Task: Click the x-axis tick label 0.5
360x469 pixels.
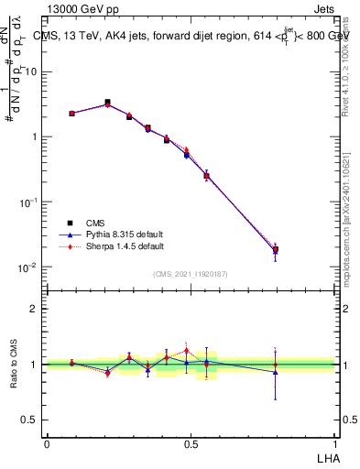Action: tap(191, 442)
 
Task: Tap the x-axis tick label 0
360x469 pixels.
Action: tap(46, 442)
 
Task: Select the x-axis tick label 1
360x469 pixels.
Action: tap(334, 442)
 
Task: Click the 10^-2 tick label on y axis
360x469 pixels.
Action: tap(27, 267)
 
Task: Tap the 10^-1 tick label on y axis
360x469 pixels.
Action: tap(27, 202)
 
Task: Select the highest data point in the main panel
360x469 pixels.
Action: tap(107, 103)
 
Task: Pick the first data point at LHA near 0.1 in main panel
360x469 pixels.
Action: tap(71, 114)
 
